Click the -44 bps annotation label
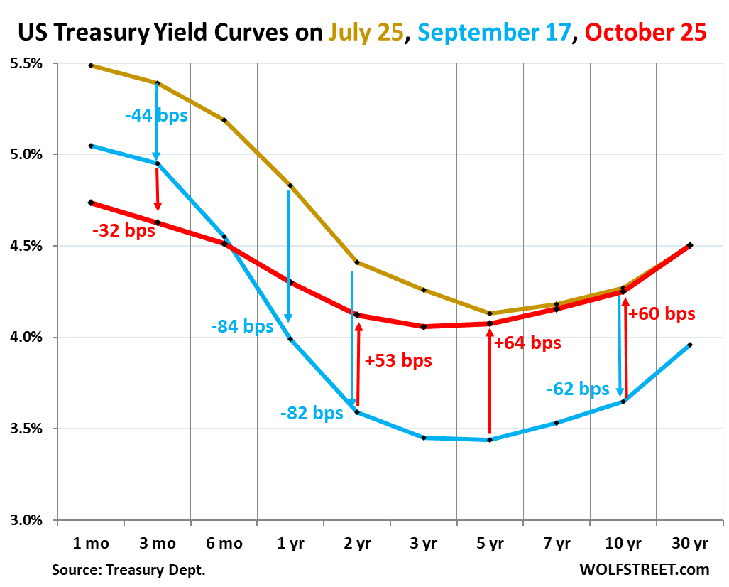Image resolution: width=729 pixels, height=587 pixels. (157, 115)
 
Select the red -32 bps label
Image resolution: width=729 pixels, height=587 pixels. (123, 231)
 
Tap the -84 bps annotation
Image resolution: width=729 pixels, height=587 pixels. (242, 326)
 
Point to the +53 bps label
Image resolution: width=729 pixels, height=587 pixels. (398, 360)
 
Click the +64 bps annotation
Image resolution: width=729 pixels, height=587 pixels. (527, 343)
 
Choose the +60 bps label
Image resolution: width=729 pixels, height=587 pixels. (662, 313)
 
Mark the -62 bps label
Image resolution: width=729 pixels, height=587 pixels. (578, 389)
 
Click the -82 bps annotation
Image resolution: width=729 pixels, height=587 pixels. (312, 414)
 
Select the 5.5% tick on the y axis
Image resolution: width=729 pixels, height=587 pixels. (26, 63)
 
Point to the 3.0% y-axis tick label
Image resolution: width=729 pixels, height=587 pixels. (26, 519)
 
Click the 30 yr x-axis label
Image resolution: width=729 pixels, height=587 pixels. (690, 544)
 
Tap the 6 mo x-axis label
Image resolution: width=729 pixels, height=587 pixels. (224, 544)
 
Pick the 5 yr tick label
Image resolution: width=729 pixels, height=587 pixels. (490, 544)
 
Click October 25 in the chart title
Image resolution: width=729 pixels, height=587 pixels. (646, 32)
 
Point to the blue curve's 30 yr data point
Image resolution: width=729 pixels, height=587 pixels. (689, 345)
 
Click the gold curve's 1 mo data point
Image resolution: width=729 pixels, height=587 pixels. (91, 65)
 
